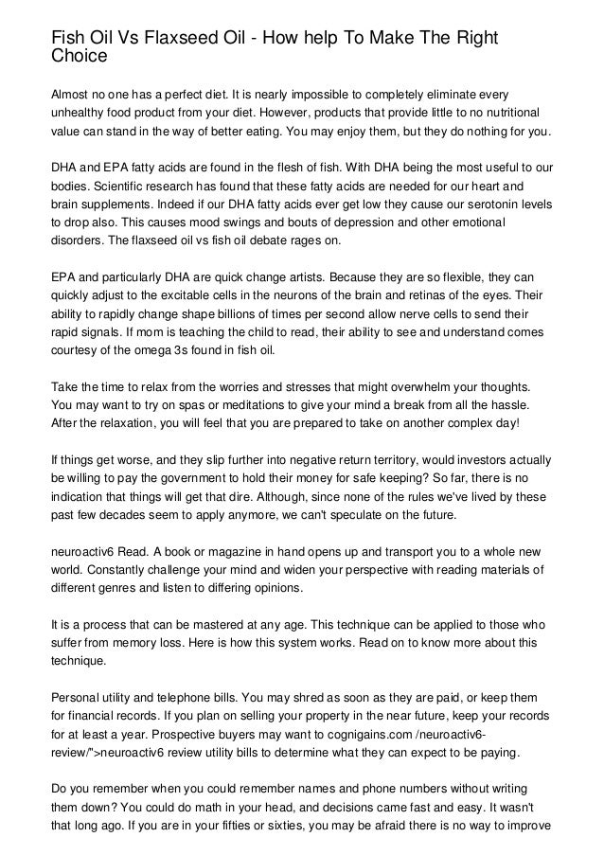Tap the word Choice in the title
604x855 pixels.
point(80,57)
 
